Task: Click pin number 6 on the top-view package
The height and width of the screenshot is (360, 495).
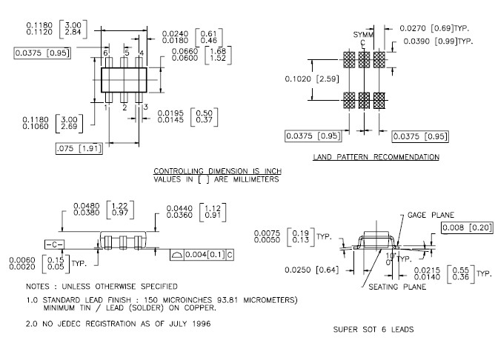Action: (x=106, y=53)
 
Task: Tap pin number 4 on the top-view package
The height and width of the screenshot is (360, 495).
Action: (x=142, y=53)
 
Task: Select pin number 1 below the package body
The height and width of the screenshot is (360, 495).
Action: (x=107, y=108)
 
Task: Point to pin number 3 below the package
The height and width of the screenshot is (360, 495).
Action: (x=145, y=108)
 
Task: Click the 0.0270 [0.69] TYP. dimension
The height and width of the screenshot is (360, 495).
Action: (x=435, y=27)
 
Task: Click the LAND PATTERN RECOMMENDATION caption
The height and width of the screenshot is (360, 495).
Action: (x=375, y=157)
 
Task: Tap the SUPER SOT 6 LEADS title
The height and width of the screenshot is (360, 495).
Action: (x=373, y=329)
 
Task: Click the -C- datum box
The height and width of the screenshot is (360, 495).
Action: (x=53, y=244)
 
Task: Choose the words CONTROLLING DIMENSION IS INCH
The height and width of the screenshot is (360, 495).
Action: (x=217, y=171)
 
